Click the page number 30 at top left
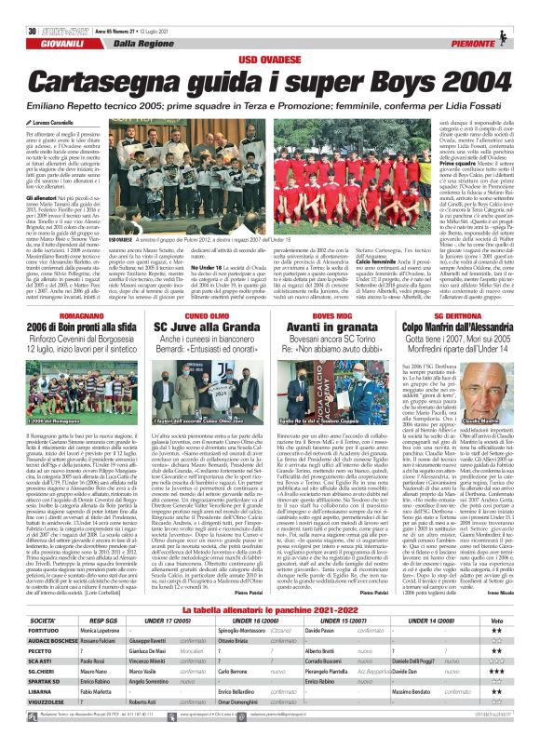click(x=18, y=7)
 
